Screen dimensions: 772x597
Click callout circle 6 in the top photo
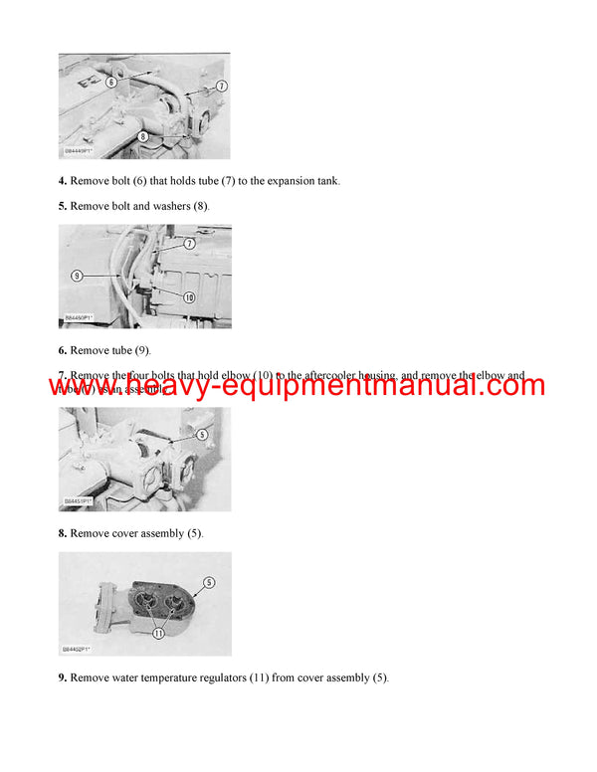(x=111, y=82)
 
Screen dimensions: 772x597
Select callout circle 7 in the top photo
(x=221, y=87)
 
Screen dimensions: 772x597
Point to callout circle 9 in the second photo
(x=77, y=275)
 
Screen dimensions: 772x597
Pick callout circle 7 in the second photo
(x=189, y=244)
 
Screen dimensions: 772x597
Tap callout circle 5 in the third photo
(x=203, y=434)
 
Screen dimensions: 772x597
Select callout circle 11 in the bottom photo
(x=158, y=631)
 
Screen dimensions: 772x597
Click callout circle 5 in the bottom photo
(x=208, y=582)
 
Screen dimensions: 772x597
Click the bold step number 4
(x=62, y=181)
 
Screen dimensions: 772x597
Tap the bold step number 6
(x=62, y=350)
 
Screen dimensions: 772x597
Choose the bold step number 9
(x=62, y=678)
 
